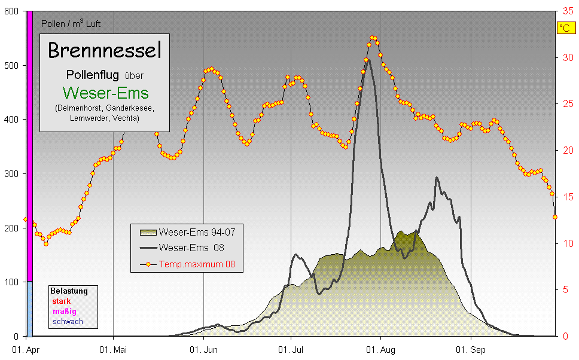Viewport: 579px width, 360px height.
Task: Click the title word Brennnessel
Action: [x=105, y=51]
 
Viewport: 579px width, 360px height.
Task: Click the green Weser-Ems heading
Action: [x=105, y=93]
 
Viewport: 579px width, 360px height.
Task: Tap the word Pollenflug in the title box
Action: [x=92, y=75]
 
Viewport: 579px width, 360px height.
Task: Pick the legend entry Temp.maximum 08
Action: [x=200, y=263]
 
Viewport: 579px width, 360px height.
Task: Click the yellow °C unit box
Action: [x=565, y=28]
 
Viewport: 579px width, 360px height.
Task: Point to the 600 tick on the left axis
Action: [x=12, y=11]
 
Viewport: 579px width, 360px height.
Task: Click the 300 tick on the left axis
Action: [x=12, y=174]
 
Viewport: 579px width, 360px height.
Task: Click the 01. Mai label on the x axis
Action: [x=114, y=349]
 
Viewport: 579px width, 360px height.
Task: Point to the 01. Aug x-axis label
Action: [x=380, y=349]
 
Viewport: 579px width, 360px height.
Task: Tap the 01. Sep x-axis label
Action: [x=470, y=349]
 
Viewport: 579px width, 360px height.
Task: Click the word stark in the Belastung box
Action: [x=61, y=301]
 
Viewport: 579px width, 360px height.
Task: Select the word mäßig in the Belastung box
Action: [x=65, y=312]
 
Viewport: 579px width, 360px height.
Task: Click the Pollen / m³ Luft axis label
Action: [x=71, y=24]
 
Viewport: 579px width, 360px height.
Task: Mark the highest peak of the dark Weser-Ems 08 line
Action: [x=368, y=60]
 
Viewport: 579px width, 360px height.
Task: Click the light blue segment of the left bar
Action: [x=29, y=308]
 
